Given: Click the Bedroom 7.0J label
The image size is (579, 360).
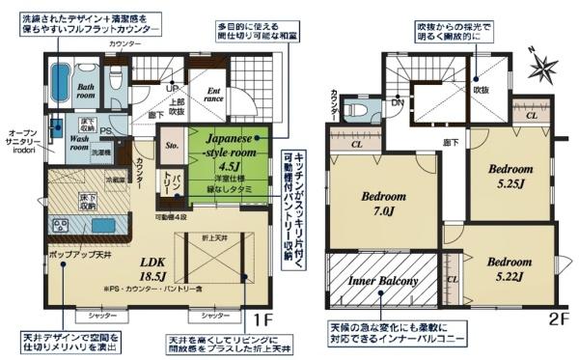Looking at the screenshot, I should click(383, 203).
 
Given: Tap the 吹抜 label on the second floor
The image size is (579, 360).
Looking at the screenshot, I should click(475, 89).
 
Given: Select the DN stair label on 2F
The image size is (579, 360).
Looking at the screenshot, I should click(398, 99).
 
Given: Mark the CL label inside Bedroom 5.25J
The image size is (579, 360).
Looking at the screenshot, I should click(532, 113).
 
